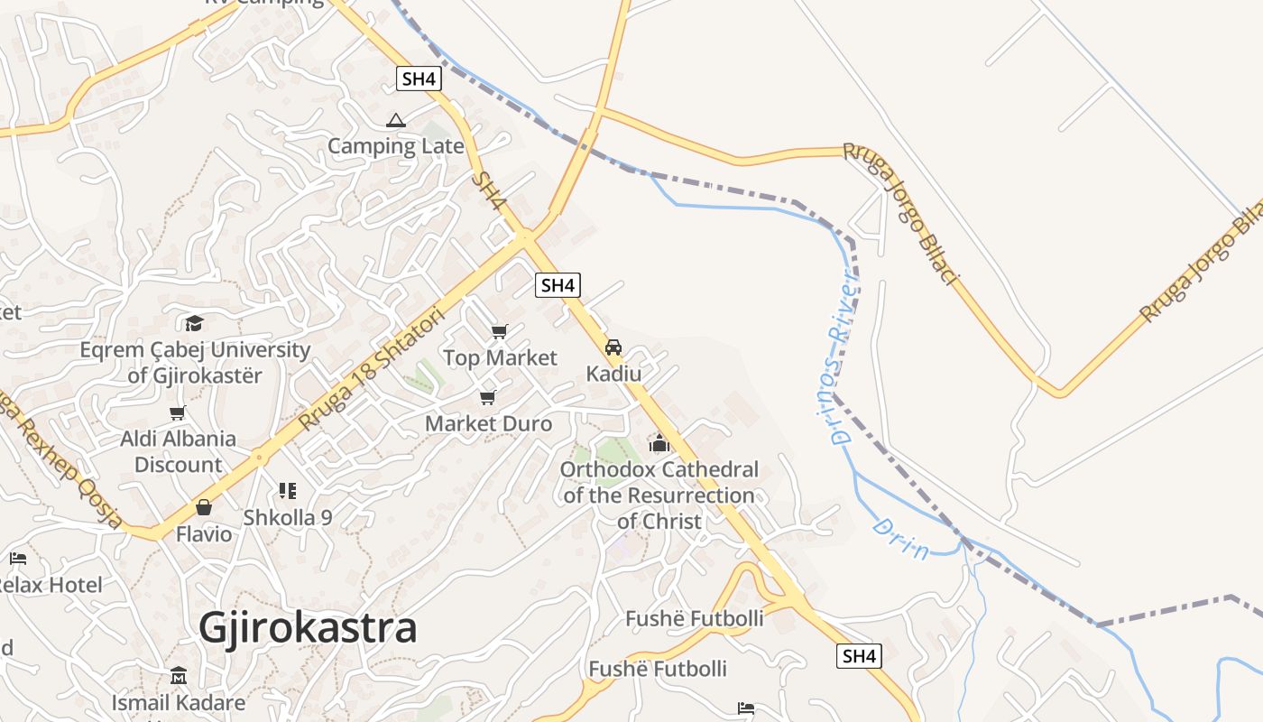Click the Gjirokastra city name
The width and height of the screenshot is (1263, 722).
[x=308, y=627]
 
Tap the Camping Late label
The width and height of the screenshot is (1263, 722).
[x=395, y=146]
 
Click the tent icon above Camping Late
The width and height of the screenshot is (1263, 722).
[x=395, y=120]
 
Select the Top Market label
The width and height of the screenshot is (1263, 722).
[x=500, y=358]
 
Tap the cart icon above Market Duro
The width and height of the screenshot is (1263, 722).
[x=488, y=397]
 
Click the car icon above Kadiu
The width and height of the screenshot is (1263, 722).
[x=613, y=347]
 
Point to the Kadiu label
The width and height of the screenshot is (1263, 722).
[x=613, y=374]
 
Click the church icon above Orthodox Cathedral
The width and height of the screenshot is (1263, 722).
[x=659, y=443]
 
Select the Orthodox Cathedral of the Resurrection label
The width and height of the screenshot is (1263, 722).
[x=659, y=495]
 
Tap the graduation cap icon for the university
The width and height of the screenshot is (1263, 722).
[x=194, y=323]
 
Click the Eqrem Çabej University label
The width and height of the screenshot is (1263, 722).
[x=195, y=362]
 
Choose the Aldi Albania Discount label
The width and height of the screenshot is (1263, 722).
[x=179, y=451]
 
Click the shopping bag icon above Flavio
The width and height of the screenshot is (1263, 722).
[x=204, y=507]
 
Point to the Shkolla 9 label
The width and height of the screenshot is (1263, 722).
[x=288, y=518]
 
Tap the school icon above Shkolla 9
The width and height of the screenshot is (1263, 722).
[x=288, y=491]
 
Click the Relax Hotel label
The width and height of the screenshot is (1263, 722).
[x=50, y=585]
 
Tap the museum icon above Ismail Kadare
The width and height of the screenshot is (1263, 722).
[x=179, y=676]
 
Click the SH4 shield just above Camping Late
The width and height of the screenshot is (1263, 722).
[x=419, y=79]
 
